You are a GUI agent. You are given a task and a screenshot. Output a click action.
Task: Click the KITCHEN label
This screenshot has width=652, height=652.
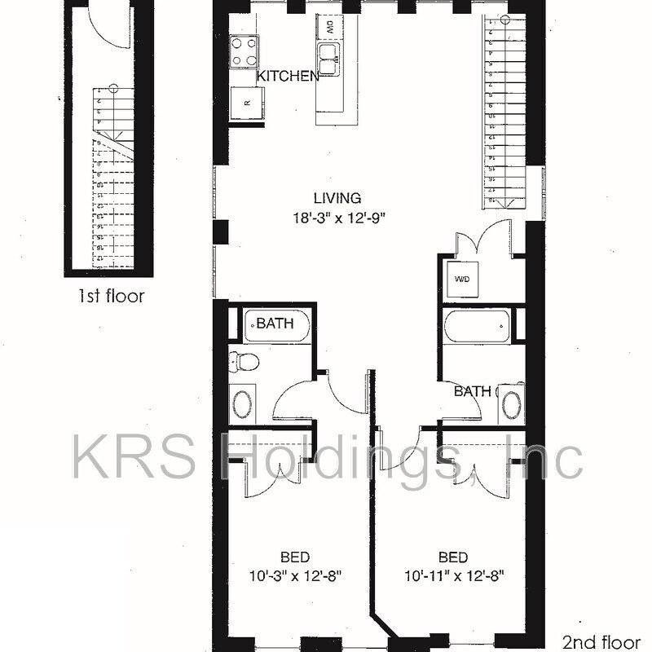click(288, 76)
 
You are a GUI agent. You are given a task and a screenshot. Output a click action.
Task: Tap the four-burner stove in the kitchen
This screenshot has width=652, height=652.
click(244, 51)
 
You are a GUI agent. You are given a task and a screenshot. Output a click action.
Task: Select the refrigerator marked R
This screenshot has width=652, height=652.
click(246, 104)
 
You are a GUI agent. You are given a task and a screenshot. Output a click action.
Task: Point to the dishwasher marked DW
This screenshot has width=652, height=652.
click(330, 27)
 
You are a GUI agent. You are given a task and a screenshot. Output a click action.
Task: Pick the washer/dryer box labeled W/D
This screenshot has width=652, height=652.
click(462, 280)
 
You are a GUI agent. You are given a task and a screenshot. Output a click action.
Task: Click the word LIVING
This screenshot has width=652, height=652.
click(337, 197)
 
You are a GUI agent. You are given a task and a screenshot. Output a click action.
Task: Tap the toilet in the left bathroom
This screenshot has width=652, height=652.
click(240, 359)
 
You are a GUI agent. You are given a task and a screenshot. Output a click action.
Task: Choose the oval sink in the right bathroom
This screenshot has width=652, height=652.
click(511, 404)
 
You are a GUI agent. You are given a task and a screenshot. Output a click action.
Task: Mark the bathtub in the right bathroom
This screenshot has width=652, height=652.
click(477, 328)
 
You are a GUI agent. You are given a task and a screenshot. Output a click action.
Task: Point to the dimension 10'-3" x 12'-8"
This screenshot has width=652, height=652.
click(294, 575)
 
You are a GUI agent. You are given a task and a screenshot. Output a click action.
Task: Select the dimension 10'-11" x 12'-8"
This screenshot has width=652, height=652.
click(453, 575)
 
